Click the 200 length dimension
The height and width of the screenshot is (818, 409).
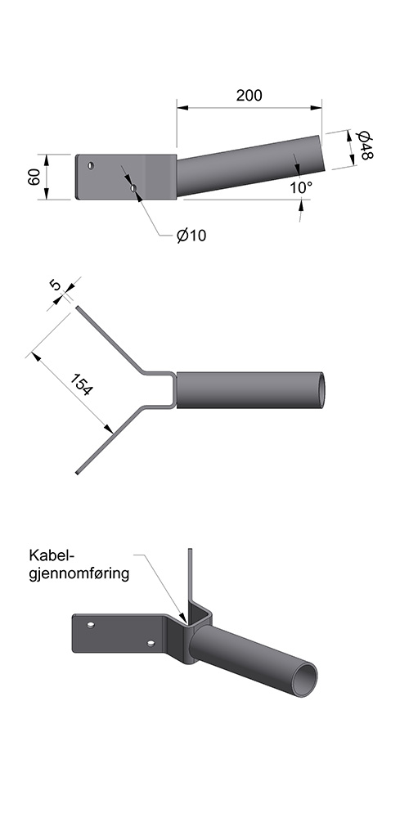(x=249, y=96)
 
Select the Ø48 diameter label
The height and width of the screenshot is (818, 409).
(x=364, y=145)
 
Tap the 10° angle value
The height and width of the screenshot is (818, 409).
(x=301, y=187)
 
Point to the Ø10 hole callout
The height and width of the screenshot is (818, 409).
(x=191, y=236)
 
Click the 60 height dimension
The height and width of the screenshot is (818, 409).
(x=34, y=178)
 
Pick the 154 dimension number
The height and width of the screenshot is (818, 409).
(x=82, y=384)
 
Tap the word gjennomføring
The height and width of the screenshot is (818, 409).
(x=79, y=574)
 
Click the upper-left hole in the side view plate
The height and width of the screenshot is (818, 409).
(x=91, y=165)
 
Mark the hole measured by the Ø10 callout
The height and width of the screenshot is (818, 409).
(x=133, y=188)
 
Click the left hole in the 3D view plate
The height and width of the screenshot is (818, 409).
(x=91, y=624)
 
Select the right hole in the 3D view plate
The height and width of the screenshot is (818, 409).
(x=151, y=643)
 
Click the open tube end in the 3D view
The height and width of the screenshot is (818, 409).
(x=304, y=680)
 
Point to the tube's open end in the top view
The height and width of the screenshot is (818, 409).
(x=321, y=389)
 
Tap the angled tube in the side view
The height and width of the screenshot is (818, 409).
(x=250, y=165)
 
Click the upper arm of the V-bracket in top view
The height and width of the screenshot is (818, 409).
(x=110, y=339)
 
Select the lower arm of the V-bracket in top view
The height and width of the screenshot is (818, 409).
(x=110, y=440)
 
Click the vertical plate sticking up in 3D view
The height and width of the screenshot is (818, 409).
(x=190, y=578)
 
